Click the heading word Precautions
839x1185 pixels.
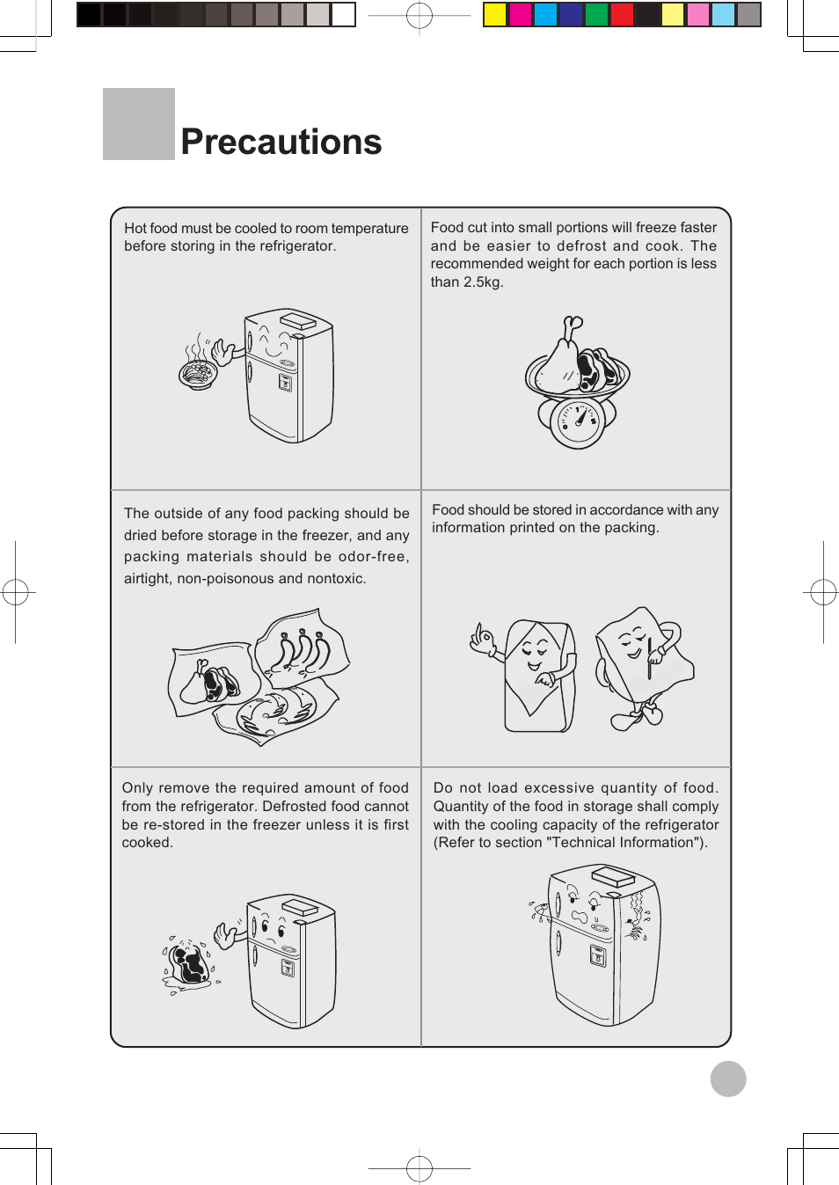(281, 142)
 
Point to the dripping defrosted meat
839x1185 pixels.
(189, 964)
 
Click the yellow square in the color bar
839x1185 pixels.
(495, 15)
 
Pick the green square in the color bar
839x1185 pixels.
(597, 15)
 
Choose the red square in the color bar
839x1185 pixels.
(622, 15)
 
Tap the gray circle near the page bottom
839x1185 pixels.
(728, 1079)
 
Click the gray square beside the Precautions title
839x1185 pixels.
(139, 124)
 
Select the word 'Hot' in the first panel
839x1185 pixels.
(135, 228)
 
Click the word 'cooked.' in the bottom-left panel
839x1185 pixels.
(147, 842)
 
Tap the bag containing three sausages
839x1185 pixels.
(302, 649)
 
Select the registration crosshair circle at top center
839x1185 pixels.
(419, 15)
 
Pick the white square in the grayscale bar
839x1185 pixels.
(343, 15)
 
